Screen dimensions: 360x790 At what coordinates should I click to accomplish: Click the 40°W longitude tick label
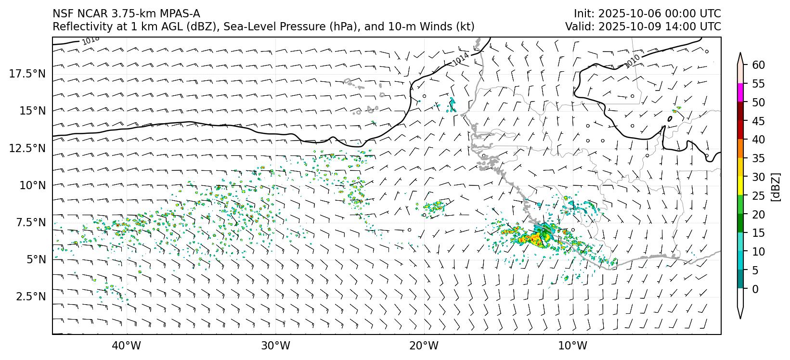coord(127,346)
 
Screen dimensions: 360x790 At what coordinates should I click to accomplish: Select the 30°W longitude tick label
coord(276,346)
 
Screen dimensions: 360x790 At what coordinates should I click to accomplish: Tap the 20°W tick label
coord(425,346)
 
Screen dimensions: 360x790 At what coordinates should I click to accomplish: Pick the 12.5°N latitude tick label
coord(27,148)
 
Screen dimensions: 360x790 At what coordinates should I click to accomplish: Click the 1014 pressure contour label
coord(460,58)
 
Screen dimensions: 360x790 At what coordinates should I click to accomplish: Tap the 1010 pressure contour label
coord(632,61)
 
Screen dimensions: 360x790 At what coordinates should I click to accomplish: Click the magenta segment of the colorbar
coord(741,92)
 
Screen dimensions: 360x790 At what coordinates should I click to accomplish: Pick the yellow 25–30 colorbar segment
coord(741,186)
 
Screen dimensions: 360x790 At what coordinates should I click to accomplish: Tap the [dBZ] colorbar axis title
coord(775,187)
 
